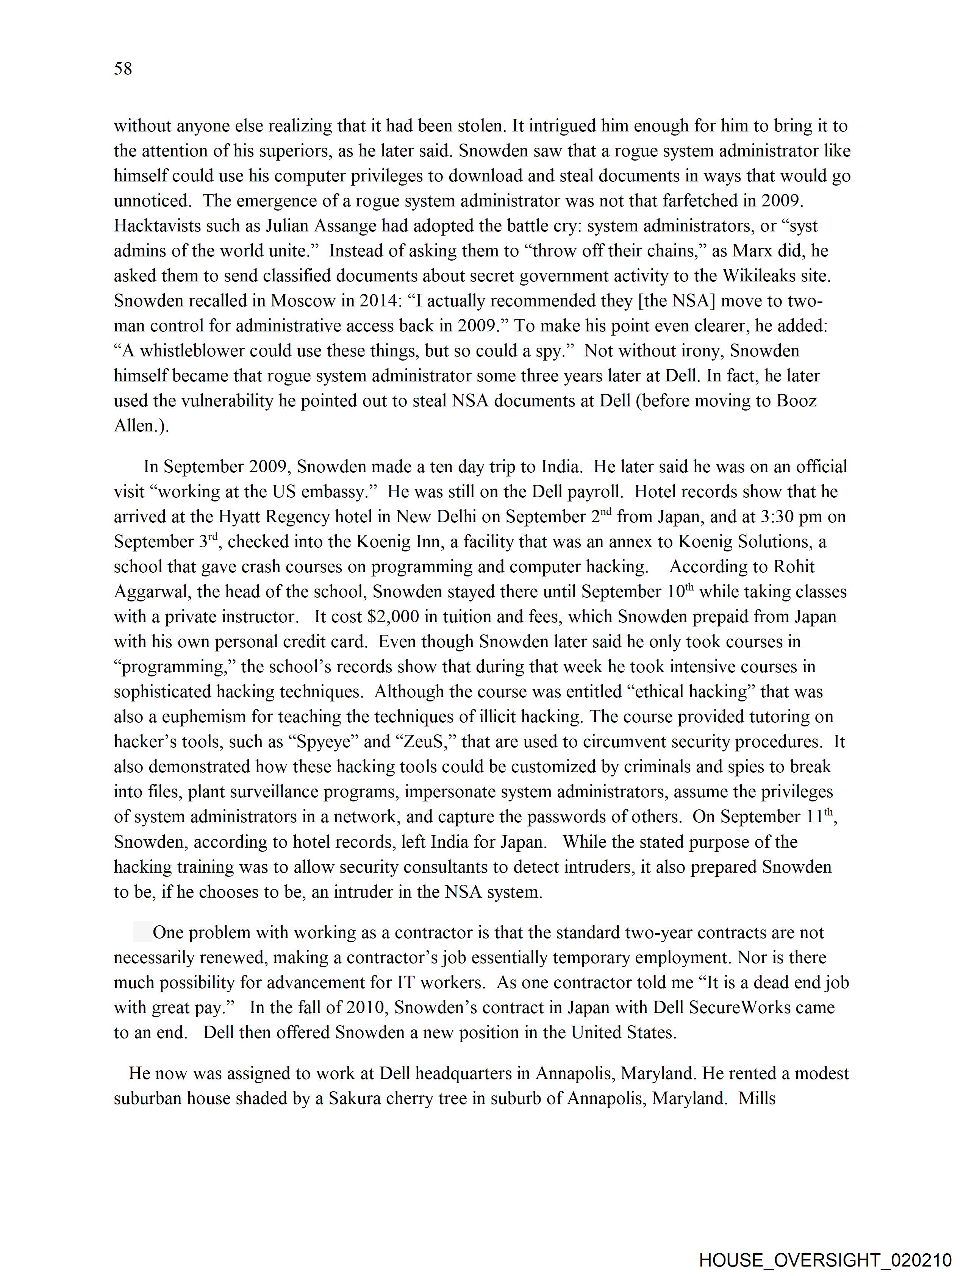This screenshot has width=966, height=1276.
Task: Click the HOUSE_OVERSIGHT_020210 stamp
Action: [825, 1261]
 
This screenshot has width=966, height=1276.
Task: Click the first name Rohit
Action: [794, 567]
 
